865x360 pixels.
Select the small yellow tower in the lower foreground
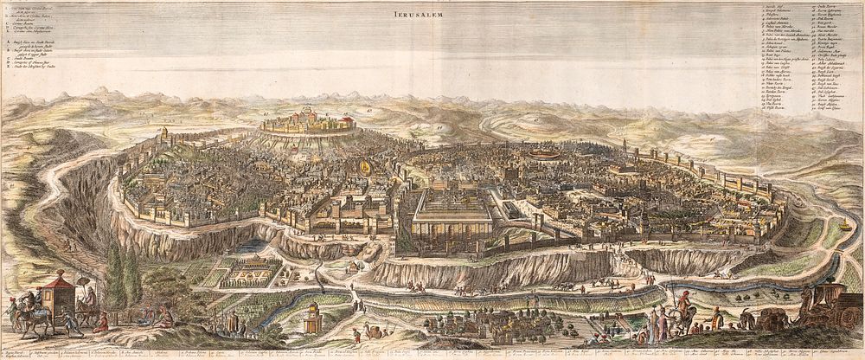309,322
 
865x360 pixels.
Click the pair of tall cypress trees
122,273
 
